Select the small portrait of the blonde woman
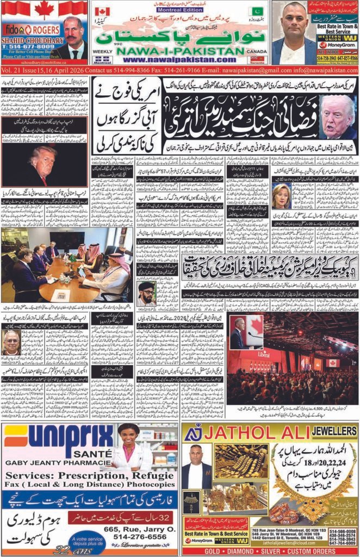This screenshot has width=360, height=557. coord(281,194)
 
